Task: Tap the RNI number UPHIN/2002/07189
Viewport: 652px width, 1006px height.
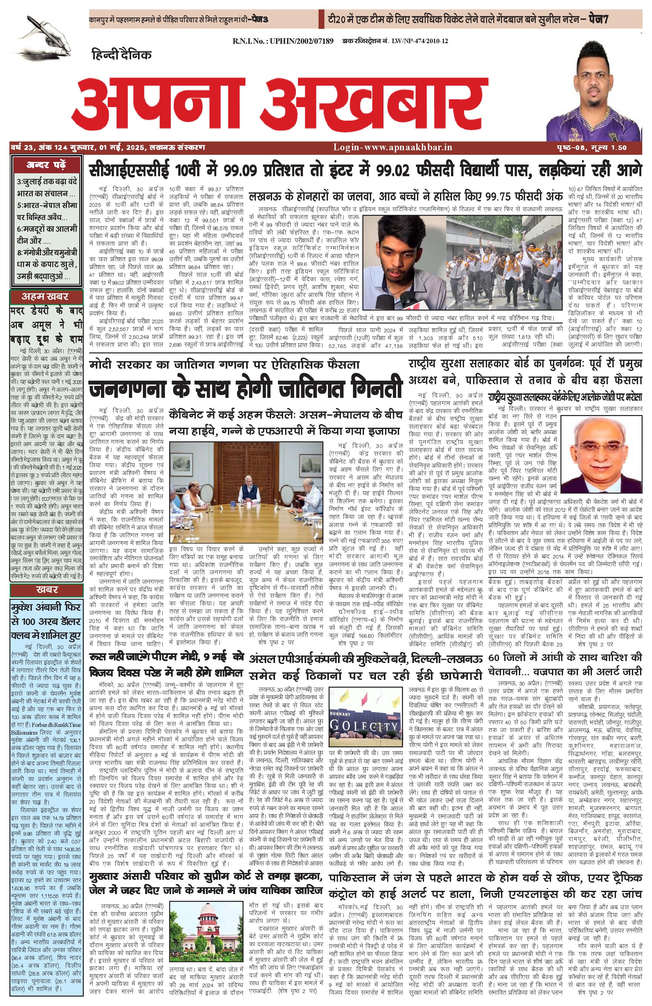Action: tap(283, 41)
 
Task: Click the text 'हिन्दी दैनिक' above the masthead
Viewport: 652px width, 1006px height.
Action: tap(122, 55)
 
